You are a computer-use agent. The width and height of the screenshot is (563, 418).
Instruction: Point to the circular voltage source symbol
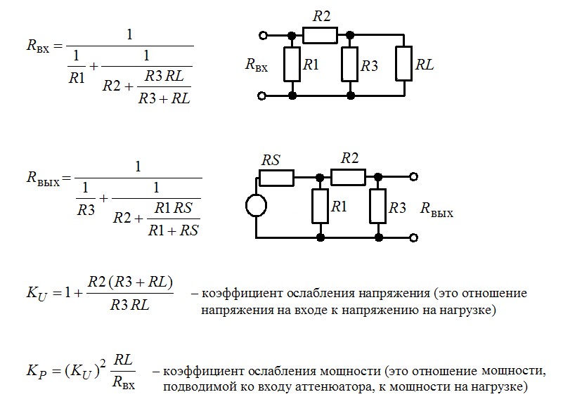[x=256, y=205]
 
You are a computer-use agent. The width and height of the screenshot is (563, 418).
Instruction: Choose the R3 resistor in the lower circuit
[x=378, y=207]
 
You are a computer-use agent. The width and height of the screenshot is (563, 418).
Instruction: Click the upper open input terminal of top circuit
[x=264, y=34]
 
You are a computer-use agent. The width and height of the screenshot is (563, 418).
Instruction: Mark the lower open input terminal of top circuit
[x=264, y=95]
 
